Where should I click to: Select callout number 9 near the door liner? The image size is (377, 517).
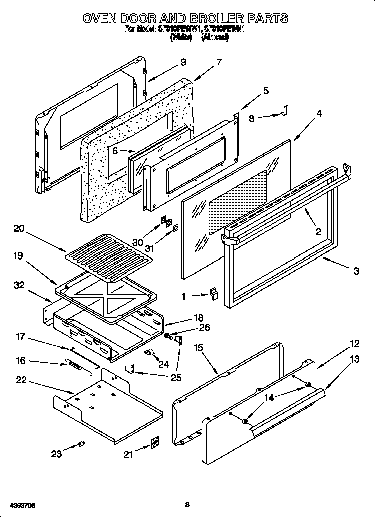pos(183,62)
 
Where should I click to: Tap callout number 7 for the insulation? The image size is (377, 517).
pos(218,62)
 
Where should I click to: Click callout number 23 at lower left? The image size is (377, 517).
pos(56,454)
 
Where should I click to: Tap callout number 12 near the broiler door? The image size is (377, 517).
pos(354,344)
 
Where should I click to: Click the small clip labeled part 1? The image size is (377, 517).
pos(214,293)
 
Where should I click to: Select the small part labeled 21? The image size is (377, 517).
pos(155,442)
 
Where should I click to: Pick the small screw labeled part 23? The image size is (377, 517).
pos(81,444)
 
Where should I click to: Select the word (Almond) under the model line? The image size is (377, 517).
pos(215,37)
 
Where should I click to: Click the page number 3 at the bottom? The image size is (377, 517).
pos(186,504)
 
